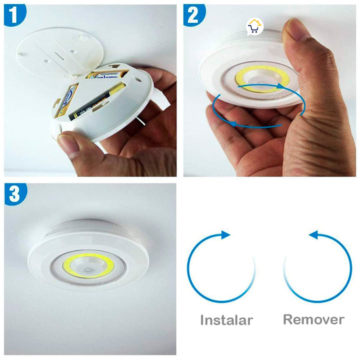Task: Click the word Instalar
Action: (x=226, y=320)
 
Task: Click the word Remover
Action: (x=313, y=319)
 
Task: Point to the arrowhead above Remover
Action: (x=314, y=234)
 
